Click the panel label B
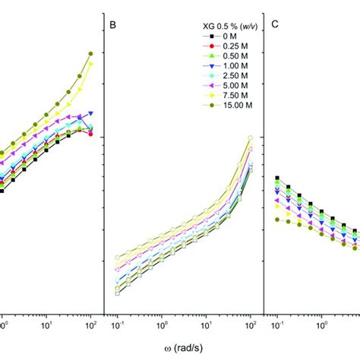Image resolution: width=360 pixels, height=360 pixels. (x=112, y=24)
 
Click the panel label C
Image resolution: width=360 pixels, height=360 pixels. (x=275, y=24)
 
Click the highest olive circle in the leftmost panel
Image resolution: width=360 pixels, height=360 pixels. (x=90, y=53)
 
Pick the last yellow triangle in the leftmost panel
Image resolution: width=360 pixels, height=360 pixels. (x=90, y=64)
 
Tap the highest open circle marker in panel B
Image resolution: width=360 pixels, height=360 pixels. (x=250, y=137)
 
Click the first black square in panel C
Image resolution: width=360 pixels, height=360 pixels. (x=276, y=178)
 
